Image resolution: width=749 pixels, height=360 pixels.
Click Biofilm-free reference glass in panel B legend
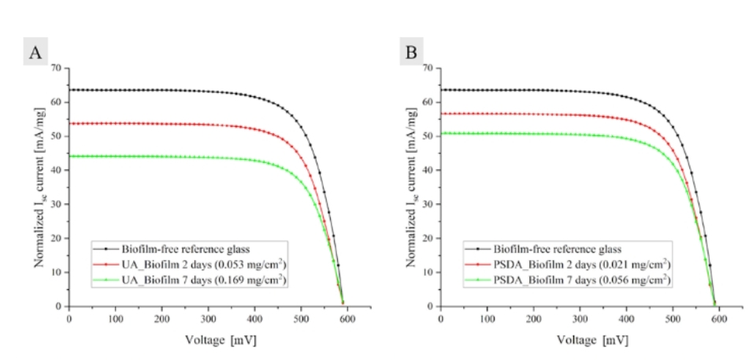click(552, 247)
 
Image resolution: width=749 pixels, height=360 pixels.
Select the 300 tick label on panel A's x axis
click(208, 318)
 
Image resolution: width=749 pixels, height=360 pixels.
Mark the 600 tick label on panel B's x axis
click(719, 318)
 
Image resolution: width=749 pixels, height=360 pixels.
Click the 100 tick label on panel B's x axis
click(487, 318)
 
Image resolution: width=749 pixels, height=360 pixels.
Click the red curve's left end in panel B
click(442, 113)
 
